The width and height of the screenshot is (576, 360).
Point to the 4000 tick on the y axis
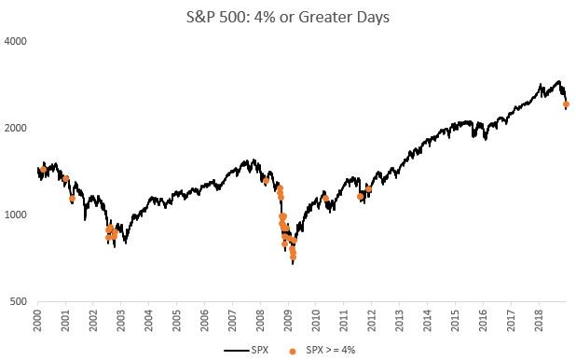click(x=16, y=42)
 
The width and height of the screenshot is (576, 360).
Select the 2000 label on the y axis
click(x=16, y=129)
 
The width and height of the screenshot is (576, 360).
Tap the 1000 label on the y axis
click(x=16, y=215)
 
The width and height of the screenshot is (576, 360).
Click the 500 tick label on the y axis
click(x=19, y=302)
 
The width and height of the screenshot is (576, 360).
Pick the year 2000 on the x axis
click(x=38, y=319)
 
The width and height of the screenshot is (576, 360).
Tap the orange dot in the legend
click(x=294, y=350)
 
